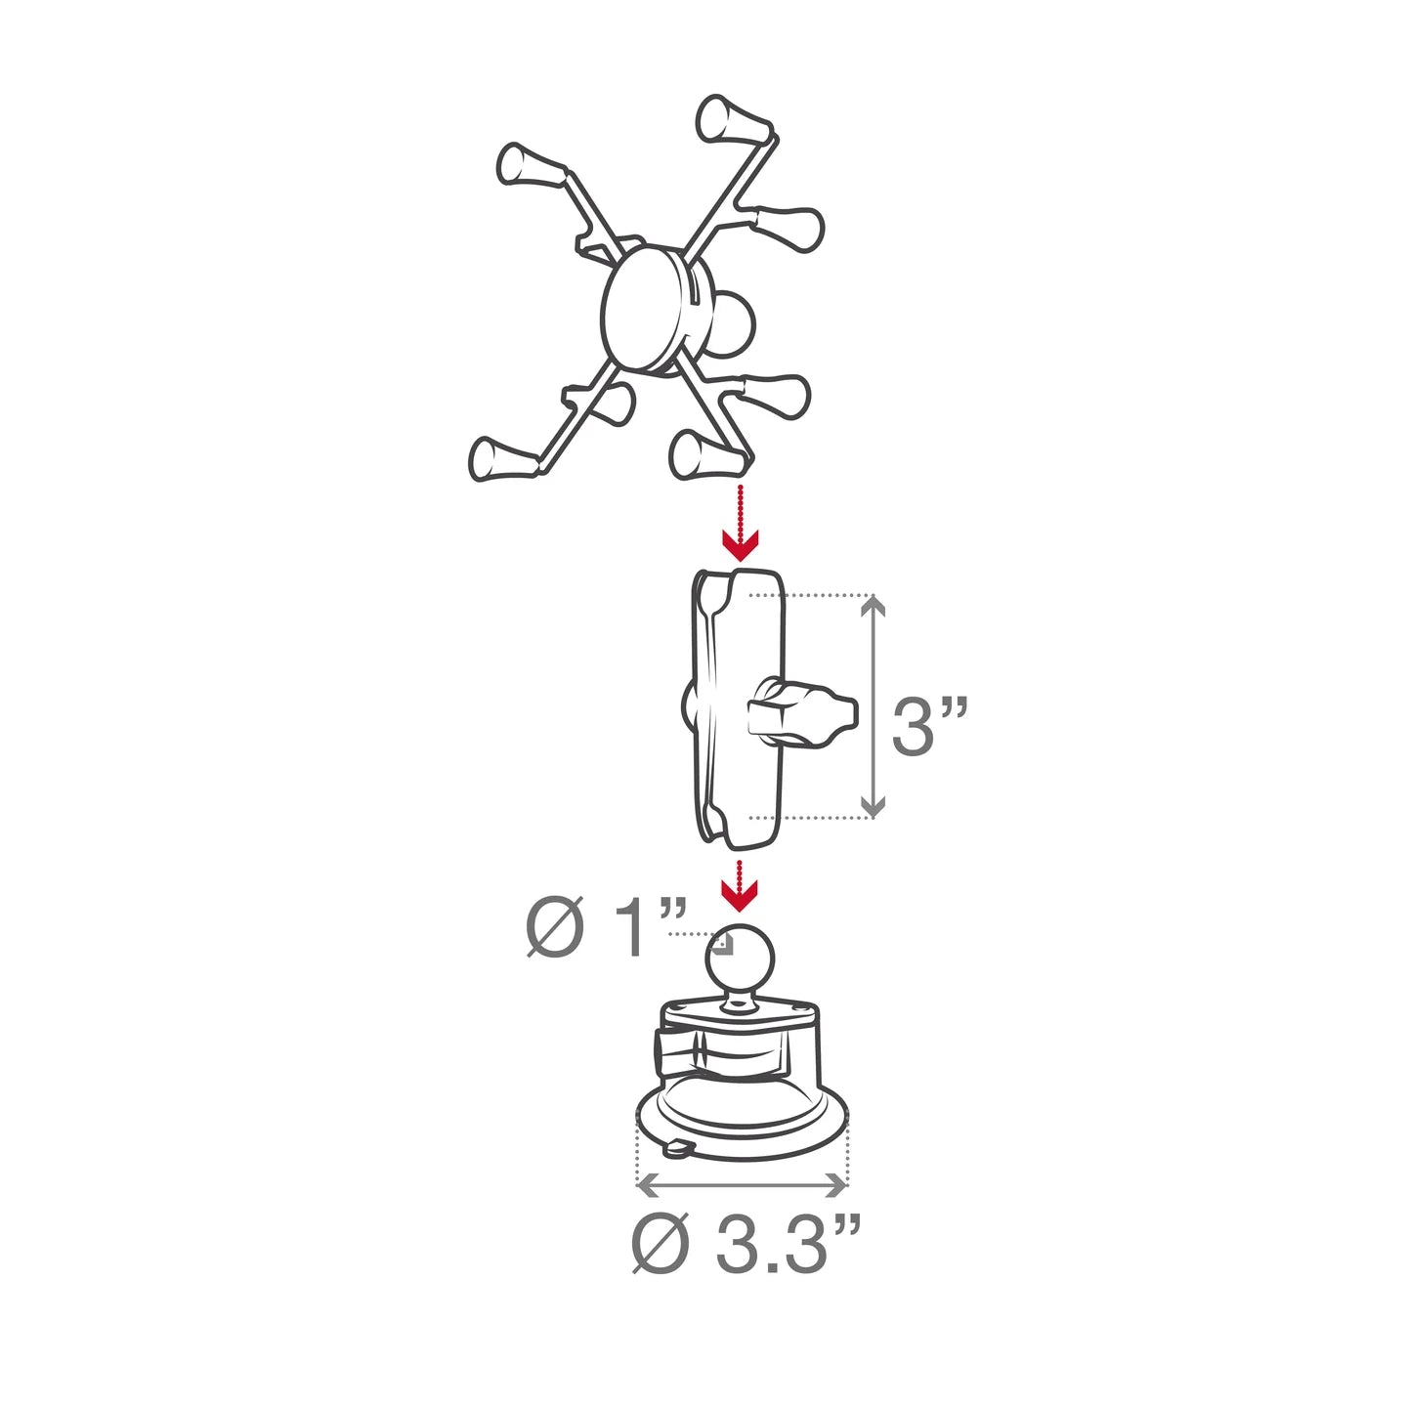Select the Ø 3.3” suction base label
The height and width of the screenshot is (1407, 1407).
[745, 1244]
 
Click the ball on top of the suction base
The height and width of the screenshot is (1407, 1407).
[740, 957]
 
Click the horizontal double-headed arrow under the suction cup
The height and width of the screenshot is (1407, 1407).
[742, 1185]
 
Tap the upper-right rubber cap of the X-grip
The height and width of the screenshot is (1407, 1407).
[791, 227]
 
